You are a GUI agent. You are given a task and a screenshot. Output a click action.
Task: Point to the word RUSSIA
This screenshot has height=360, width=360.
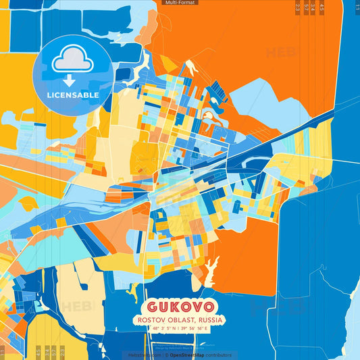(211, 319)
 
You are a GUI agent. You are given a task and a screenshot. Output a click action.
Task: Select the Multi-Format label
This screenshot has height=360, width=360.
(180, 3)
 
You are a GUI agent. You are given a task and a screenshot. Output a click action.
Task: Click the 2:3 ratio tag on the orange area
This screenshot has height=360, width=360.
(298, 8)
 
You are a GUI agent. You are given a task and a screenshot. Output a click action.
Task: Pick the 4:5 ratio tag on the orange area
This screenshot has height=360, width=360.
(322, 8)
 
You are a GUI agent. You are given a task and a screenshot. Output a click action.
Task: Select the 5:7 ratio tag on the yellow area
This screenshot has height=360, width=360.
(53, 351)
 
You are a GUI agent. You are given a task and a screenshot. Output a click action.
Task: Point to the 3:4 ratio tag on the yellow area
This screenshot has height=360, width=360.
(45, 351)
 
